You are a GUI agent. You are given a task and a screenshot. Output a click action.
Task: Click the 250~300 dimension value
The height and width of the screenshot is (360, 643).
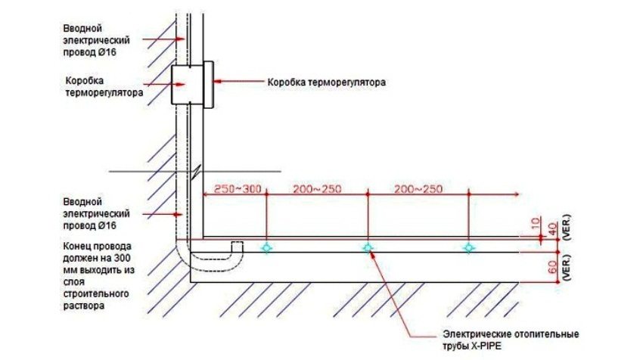point(238,188)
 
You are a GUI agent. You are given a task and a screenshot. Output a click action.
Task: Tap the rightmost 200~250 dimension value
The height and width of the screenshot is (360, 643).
point(417,188)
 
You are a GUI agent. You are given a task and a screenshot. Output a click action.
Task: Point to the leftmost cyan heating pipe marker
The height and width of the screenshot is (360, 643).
point(267,247)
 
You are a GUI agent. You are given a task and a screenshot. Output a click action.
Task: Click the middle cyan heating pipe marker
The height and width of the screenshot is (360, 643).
point(368,247)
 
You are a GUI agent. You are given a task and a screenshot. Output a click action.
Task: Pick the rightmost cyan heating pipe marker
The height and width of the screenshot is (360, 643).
point(469,247)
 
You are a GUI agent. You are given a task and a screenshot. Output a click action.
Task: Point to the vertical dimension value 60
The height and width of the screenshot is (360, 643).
point(551,266)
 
